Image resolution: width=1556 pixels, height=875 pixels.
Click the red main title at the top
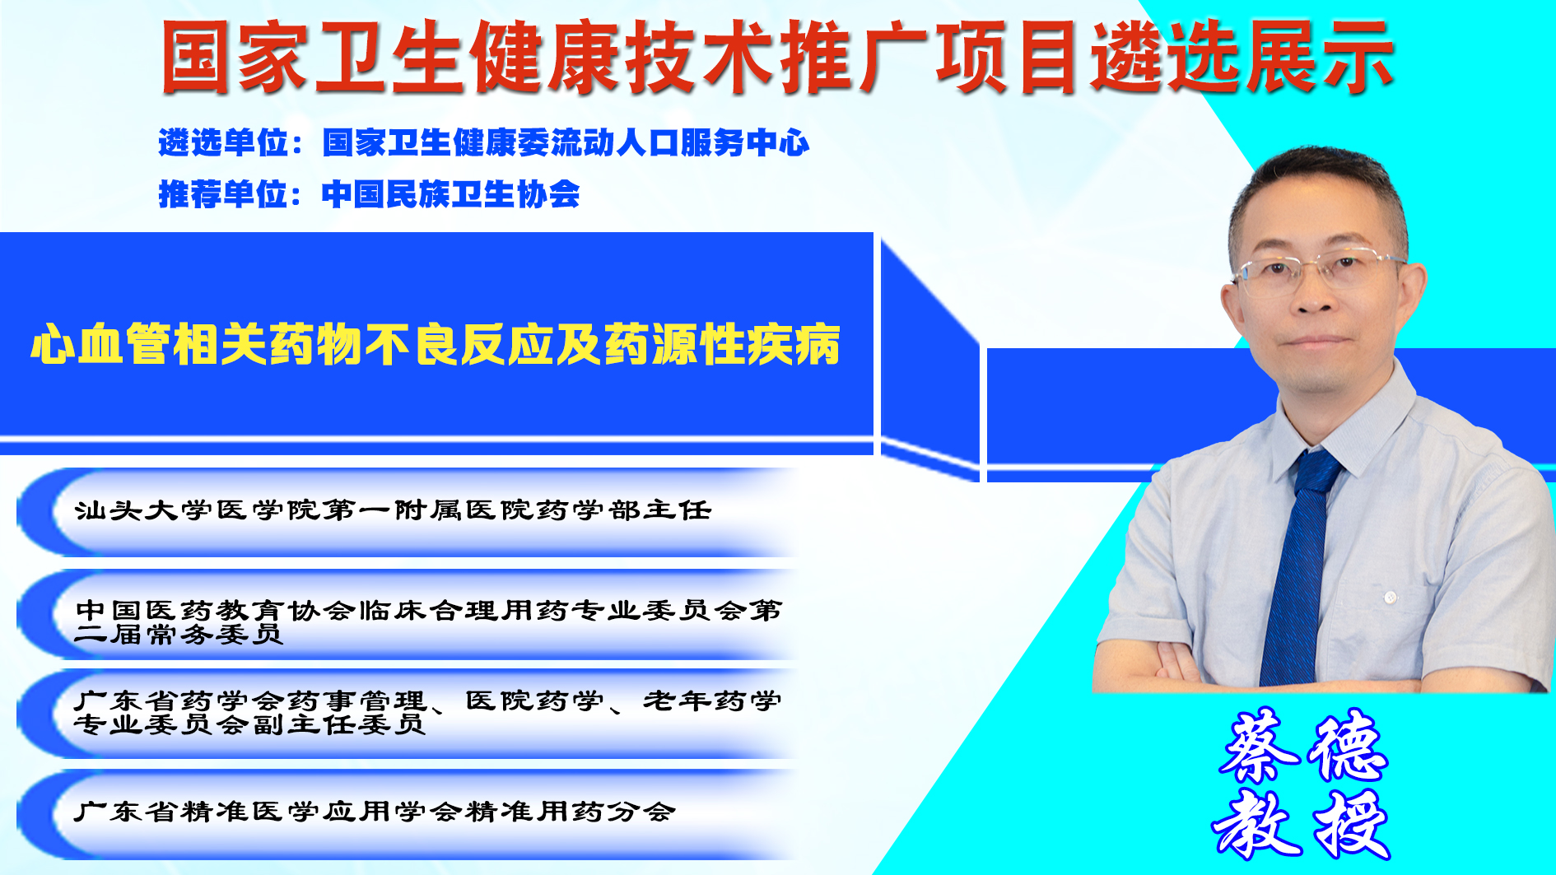(777, 57)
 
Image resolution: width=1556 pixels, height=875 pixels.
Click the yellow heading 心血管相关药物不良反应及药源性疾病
(436, 344)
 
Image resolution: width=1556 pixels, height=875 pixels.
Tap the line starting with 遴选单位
(484, 142)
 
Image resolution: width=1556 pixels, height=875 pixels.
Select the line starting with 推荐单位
(369, 194)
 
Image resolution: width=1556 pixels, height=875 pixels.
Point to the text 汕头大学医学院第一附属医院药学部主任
(393, 510)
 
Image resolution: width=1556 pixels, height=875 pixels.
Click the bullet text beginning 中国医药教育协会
(428, 621)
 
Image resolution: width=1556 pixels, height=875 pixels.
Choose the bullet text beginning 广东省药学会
(428, 712)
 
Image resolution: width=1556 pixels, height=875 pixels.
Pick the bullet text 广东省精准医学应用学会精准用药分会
(375, 812)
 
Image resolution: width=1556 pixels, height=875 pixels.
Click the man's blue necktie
(1299, 568)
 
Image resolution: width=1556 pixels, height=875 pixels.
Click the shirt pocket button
(1391, 597)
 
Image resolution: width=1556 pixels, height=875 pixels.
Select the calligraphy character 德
(1350, 746)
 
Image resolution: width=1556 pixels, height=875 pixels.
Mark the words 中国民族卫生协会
(451, 194)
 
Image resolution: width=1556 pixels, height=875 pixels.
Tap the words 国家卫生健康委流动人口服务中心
(566, 142)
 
